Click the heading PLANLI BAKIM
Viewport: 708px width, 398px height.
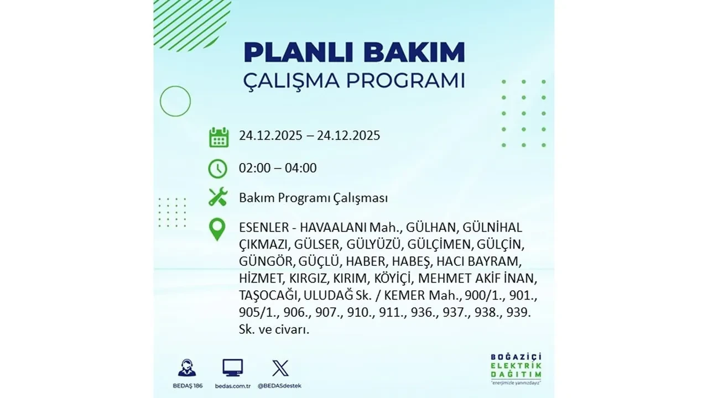click(x=354, y=53)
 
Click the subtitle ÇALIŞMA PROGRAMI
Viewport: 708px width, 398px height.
click(x=354, y=80)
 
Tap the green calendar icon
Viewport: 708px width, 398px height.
click(x=218, y=137)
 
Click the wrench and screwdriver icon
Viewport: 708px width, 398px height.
click(x=218, y=197)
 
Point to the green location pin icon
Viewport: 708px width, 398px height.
click(x=217, y=229)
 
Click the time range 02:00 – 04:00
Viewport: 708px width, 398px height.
click(x=278, y=168)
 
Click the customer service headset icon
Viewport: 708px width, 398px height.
click(x=186, y=368)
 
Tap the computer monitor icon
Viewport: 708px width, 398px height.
click(x=232, y=368)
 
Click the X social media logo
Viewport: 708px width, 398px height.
click(x=280, y=368)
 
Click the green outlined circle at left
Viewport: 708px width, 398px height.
click(x=175, y=101)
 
